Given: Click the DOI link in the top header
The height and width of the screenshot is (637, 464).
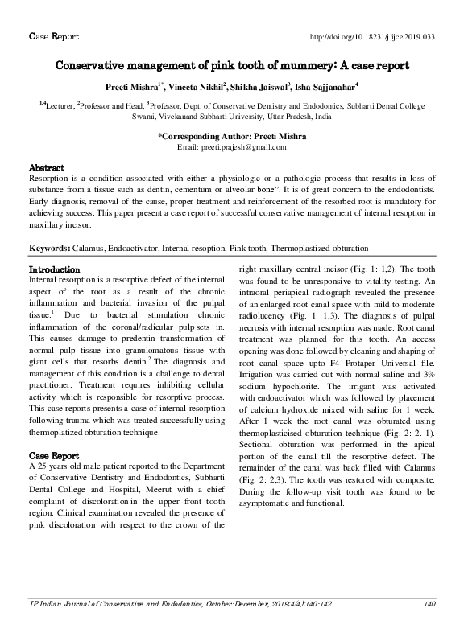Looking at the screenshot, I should point(373,37).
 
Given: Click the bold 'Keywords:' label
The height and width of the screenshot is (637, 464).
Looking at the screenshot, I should point(49,249).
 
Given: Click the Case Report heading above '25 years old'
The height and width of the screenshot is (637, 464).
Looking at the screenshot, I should point(54,454).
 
